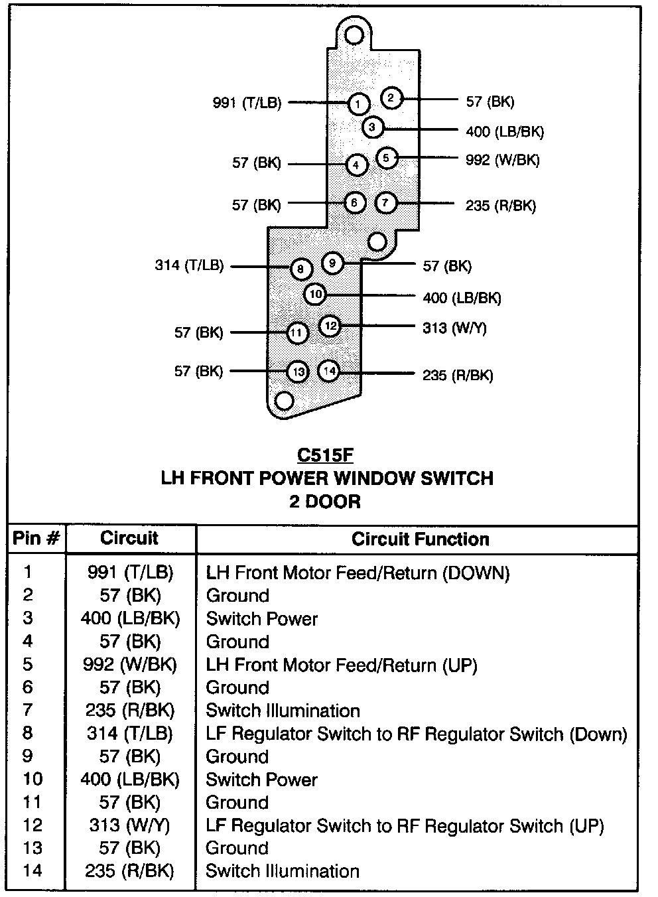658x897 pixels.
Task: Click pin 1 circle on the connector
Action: click(358, 104)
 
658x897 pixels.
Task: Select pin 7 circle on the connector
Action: click(385, 203)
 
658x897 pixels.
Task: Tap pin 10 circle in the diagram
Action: click(315, 294)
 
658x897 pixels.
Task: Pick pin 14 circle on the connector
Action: click(330, 371)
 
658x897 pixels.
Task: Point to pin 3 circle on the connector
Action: click(372, 127)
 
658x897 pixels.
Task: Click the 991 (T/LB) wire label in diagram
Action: click(247, 103)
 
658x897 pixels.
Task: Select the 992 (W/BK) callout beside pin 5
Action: click(502, 160)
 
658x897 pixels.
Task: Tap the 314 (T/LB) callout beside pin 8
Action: click(189, 265)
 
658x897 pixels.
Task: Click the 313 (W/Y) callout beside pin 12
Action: click(454, 328)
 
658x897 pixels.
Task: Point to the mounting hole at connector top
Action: click(355, 34)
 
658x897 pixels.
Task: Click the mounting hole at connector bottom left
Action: click(284, 401)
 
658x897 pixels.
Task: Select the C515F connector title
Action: click(325, 456)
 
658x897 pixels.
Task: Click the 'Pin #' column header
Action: click(36, 539)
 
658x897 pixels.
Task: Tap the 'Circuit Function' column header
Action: click(421, 539)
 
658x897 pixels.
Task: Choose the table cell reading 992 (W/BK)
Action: click(130, 664)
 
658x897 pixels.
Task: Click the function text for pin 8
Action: click(417, 734)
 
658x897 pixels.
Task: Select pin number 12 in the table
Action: click(32, 825)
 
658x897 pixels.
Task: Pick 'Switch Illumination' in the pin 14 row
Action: click(283, 871)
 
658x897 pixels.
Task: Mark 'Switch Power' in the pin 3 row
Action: click(262, 618)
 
